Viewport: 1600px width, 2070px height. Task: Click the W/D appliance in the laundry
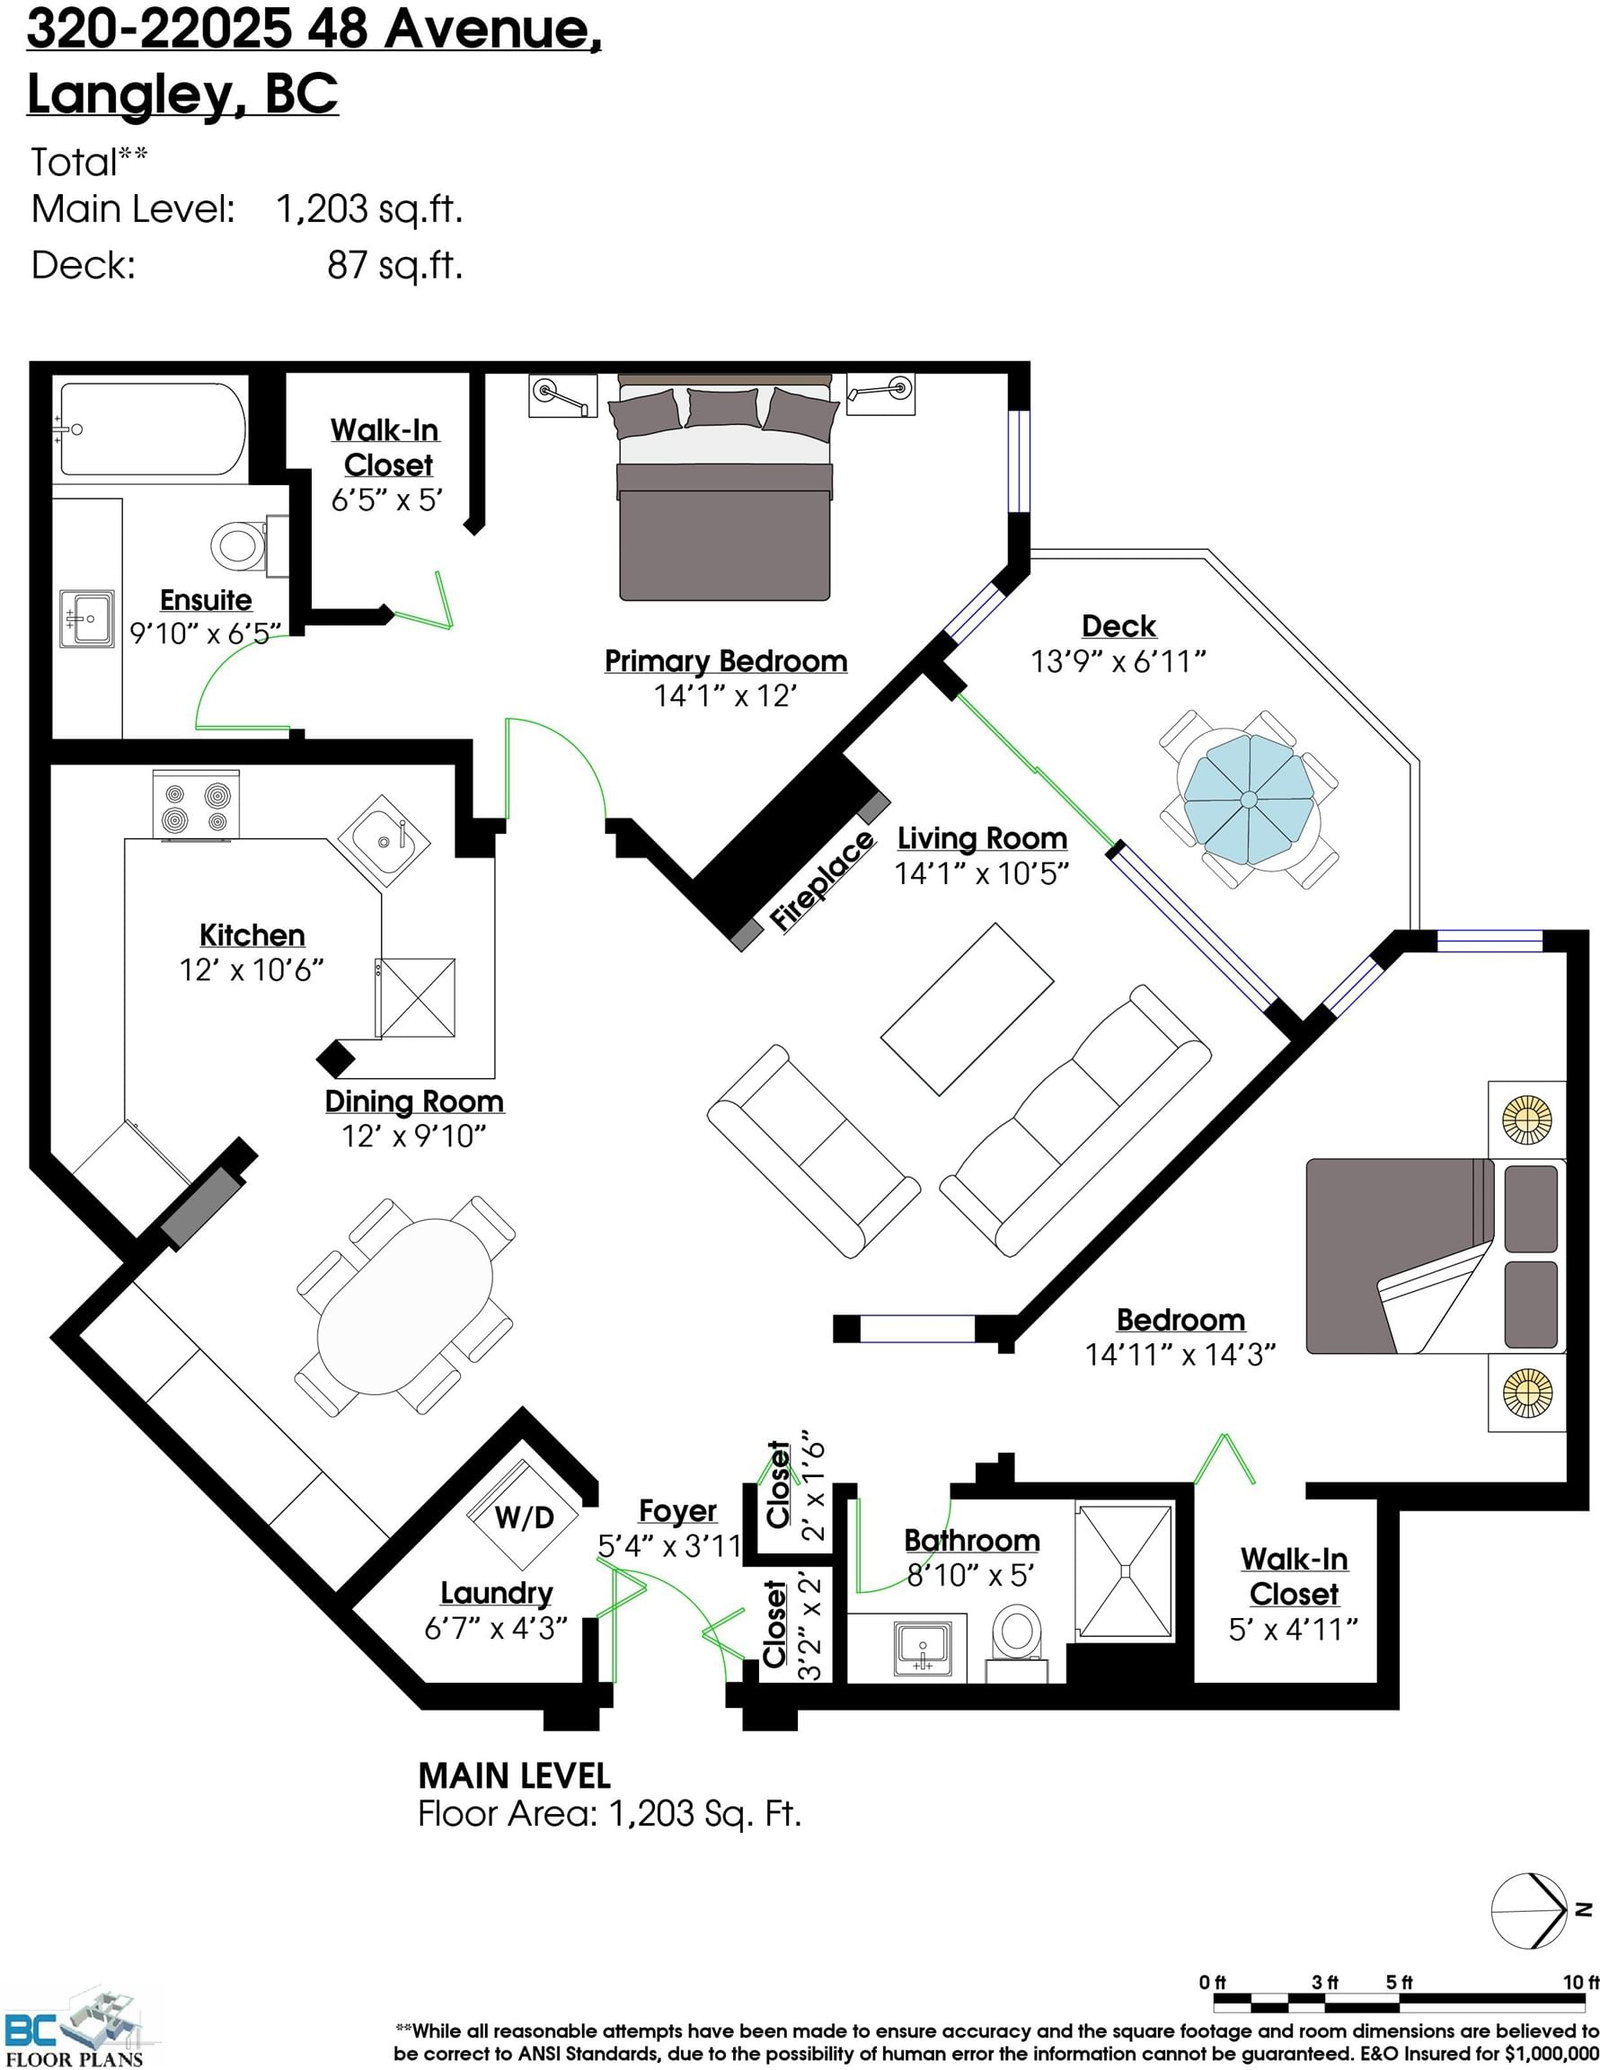click(524, 1515)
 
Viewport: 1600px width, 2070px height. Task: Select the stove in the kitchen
click(196, 804)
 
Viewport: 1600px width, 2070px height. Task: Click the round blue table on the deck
click(1249, 798)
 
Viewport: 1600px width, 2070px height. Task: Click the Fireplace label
click(822, 881)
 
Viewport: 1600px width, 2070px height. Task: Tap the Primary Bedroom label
click(726, 661)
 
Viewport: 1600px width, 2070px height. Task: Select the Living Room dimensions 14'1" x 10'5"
click(982, 873)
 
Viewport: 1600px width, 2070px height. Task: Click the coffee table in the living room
click(967, 1008)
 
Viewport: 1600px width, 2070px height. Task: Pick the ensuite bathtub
click(150, 430)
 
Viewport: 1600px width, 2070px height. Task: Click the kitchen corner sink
click(384, 841)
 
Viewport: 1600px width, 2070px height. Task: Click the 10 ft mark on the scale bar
click(1581, 1982)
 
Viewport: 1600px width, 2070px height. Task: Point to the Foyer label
click(678, 1510)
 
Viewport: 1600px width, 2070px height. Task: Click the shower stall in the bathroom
click(1125, 1571)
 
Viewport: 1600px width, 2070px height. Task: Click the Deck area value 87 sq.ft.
click(395, 265)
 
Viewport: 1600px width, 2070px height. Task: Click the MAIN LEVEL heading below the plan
click(514, 1776)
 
